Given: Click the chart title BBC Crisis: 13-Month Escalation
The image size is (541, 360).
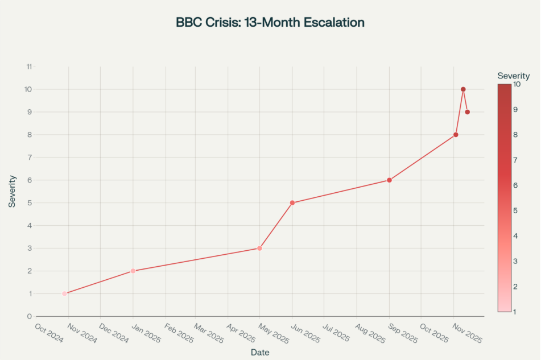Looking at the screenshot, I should pos(270,23).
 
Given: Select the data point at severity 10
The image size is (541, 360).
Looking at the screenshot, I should pos(463,89).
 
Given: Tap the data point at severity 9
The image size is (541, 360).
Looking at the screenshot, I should pos(467,112).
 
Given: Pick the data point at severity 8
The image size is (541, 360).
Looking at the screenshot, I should pos(456,135).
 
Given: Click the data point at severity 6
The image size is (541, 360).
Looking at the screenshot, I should pos(389,180).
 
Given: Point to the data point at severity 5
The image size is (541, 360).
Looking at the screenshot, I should pos(292,203).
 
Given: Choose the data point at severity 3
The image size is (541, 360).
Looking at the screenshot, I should pos(259,249).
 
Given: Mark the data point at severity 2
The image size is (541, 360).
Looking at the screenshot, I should pos(133,271).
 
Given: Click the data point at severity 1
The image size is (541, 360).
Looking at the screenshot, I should pos(64,294).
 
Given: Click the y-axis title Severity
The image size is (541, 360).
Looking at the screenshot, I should pos(12,191).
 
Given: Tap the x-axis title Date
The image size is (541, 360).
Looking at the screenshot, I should pos(260,353).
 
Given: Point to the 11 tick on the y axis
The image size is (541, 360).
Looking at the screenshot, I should pos(29,67).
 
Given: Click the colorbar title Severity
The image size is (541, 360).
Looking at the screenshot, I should pos(513,76).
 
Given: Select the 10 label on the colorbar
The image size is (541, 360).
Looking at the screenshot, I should pos(517,84).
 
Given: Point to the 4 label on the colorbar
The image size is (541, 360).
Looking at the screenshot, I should pos(515,236).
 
